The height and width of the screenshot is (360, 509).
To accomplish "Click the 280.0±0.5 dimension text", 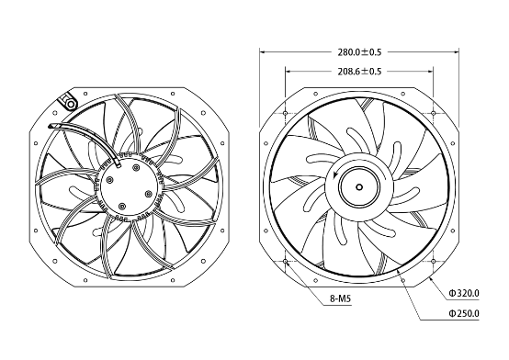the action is click(359, 52).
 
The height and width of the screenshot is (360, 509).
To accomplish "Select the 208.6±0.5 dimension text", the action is click(359, 72).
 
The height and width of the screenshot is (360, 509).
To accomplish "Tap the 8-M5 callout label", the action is click(341, 298).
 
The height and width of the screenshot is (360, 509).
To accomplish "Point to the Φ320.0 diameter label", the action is click(464, 294).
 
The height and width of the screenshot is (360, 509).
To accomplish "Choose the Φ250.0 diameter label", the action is click(464, 313).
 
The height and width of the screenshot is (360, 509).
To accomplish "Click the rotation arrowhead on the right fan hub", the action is click(335, 175).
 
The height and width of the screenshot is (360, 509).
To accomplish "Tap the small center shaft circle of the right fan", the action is click(359, 187).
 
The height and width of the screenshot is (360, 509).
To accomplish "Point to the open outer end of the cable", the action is click(50, 127).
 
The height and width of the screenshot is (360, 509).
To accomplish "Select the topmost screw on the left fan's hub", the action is click(136, 167).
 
